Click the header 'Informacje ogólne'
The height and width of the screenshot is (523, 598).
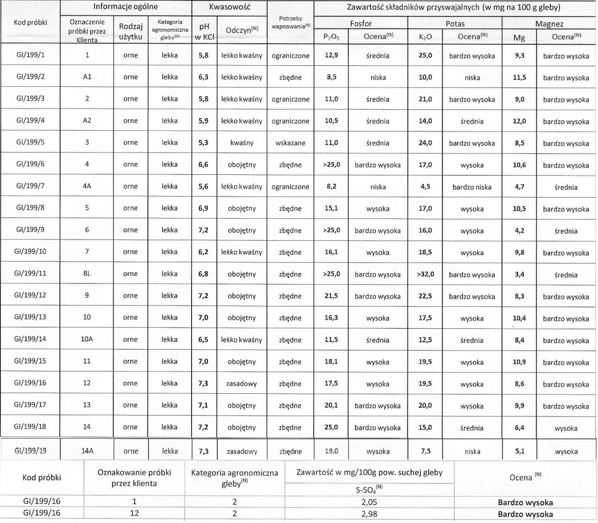coord(126,7)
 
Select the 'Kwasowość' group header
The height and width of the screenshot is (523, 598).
coord(229,7)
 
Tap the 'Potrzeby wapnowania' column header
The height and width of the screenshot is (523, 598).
coord(290,22)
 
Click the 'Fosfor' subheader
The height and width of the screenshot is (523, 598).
coord(360,23)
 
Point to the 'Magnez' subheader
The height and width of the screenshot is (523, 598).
coord(549,24)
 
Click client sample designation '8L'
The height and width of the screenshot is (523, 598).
coord(87,274)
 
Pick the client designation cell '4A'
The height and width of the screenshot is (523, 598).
coord(87,186)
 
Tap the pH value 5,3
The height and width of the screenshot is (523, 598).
coord(204,143)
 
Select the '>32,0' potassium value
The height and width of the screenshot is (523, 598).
coord(425,274)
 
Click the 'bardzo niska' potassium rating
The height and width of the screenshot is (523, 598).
coord(472,187)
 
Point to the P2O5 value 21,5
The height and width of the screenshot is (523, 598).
coord(331,296)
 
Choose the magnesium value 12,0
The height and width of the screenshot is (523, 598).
coord(519,121)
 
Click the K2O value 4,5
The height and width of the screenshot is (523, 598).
coord(425,186)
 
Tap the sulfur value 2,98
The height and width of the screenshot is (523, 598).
coord(369,514)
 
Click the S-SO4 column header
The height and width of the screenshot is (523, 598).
coord(369,490)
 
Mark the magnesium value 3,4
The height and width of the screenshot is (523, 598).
coord(519,274)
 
